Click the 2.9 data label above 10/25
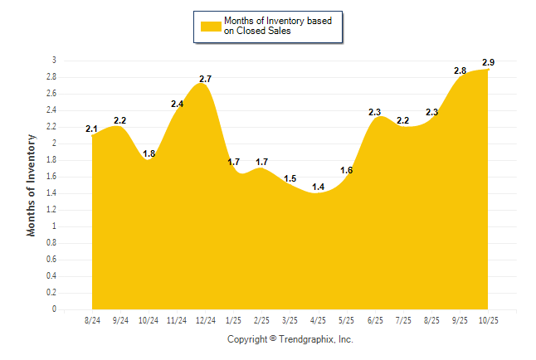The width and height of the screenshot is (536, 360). click(489, 63)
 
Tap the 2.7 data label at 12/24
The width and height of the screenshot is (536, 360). click(205, 79)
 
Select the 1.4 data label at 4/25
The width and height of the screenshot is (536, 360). click(318, 187)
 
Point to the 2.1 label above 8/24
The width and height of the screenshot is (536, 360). click(92, 129)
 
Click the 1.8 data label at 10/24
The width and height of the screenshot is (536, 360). click(149, 153)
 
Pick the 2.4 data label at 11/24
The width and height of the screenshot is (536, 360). click(178, 104)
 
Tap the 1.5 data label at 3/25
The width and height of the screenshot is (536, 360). click(290, 178)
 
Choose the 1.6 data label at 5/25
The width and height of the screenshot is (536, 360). click(347, 170)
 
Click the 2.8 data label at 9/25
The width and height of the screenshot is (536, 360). click(460, 71)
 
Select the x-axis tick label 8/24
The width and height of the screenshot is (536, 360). click(92, 320)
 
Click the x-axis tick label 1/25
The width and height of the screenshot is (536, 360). click(233, 320)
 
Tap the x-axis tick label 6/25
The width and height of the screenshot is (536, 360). click(374, 320)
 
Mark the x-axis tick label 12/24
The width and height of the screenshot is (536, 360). click(205, 320)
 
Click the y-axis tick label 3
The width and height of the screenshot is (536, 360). click(54, 61)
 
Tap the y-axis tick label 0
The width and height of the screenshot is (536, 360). click(54, 309)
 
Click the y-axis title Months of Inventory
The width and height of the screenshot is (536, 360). click(32, 185)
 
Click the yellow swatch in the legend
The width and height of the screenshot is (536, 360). click(210, 27)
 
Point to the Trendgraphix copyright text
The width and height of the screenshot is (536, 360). click(290, 339)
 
